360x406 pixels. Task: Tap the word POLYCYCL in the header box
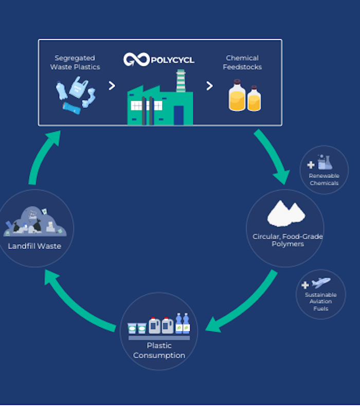[172, 61]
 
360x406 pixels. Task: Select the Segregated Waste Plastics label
[75, 62]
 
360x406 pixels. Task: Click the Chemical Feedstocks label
[242, 62]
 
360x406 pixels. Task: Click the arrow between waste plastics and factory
[112, 86]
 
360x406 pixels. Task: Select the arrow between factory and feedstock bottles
[209, 86]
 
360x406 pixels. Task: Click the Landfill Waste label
[34, 246]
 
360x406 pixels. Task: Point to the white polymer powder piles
[286, 214]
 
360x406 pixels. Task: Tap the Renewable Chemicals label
[324, 180]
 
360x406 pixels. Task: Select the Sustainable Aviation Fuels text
[321, 302]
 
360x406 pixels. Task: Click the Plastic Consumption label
[159, 350]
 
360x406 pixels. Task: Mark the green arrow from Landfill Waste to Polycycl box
[41, 154]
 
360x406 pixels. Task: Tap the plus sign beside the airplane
[305, 285]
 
